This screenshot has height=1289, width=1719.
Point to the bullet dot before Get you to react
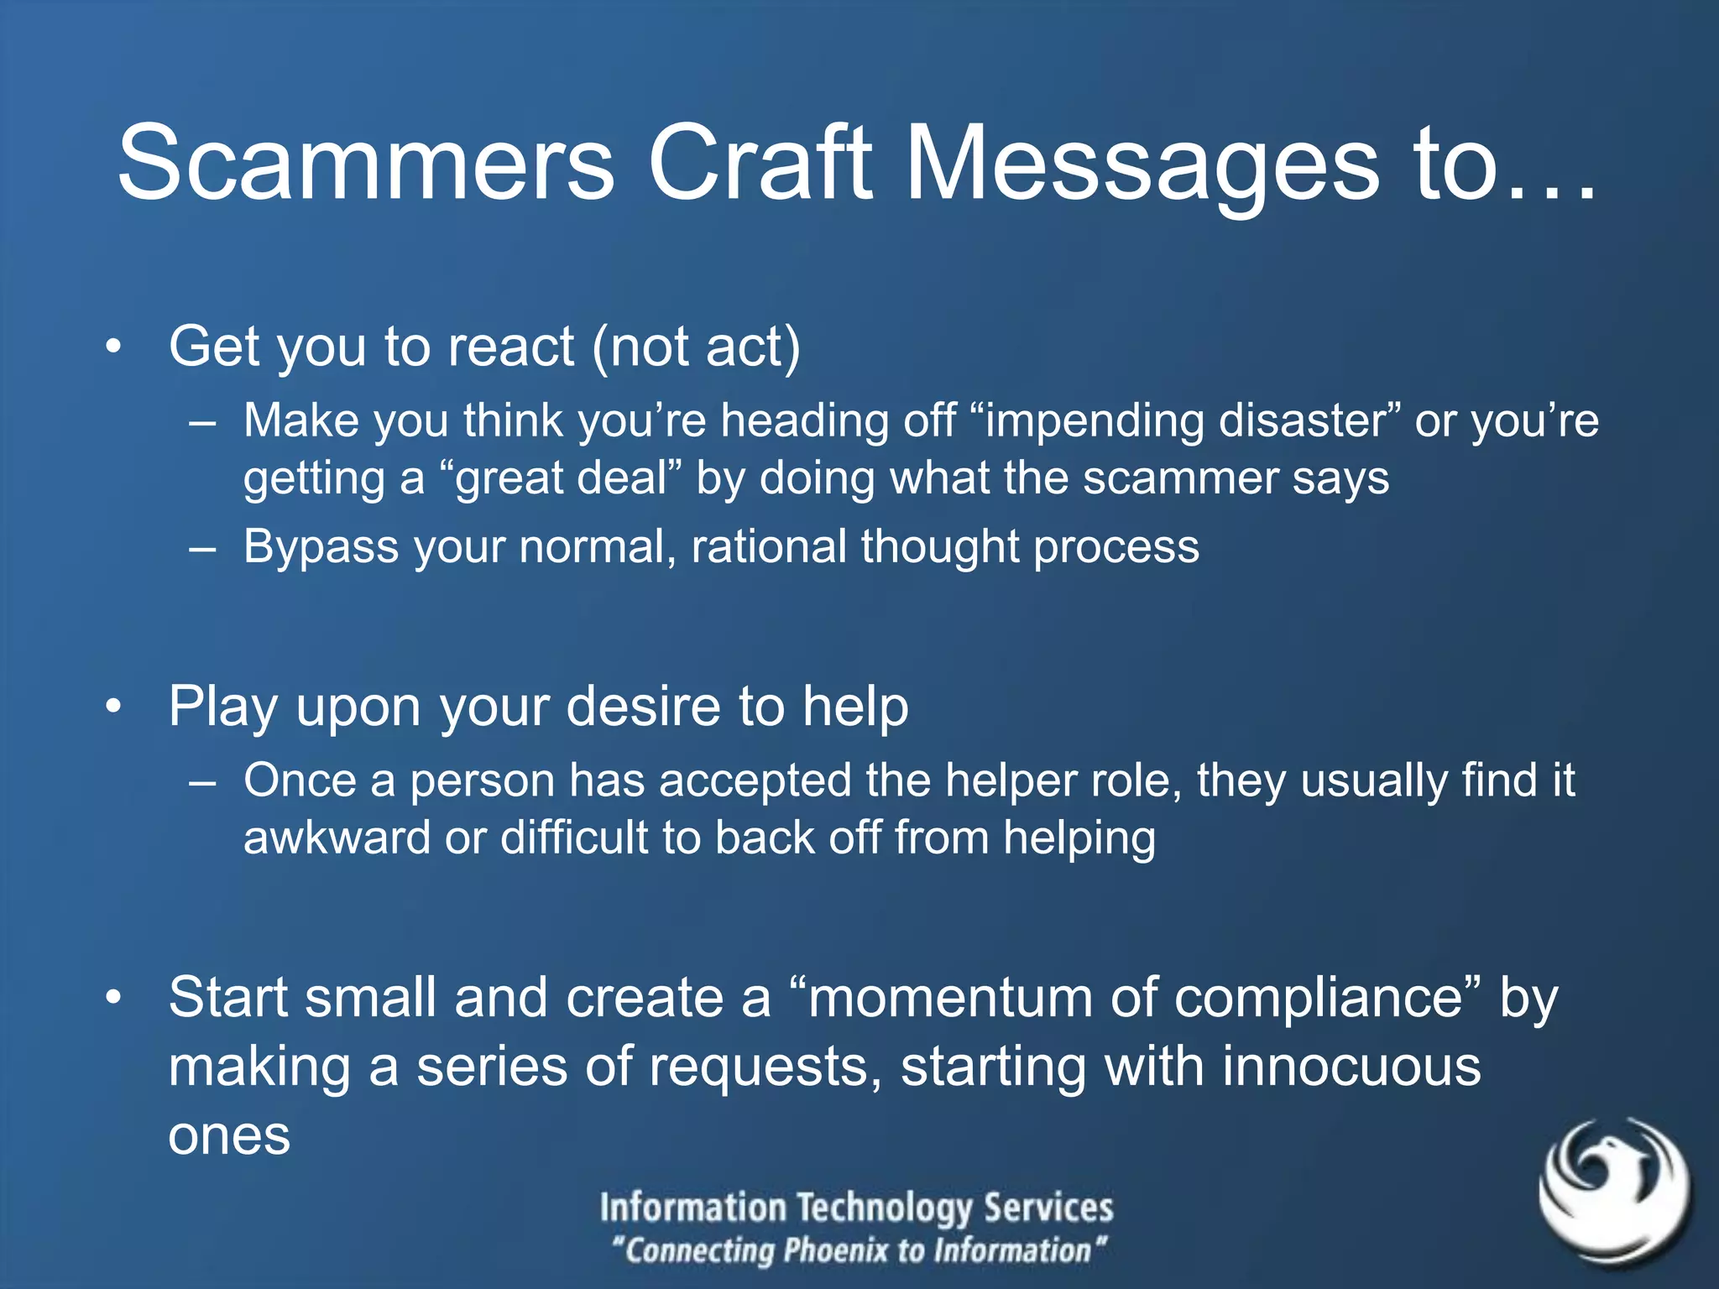[x=114, y=347]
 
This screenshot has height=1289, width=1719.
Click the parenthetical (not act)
[x=697, y=347]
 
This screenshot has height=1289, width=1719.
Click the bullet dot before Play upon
[x=114, y=707]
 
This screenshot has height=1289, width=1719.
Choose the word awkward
[x=337, y=838]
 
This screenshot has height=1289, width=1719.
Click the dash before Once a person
[x=202, y=782]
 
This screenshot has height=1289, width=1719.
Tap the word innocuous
[x=1351, y=1067]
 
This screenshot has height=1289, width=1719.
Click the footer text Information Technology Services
[x=856, y=1208]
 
